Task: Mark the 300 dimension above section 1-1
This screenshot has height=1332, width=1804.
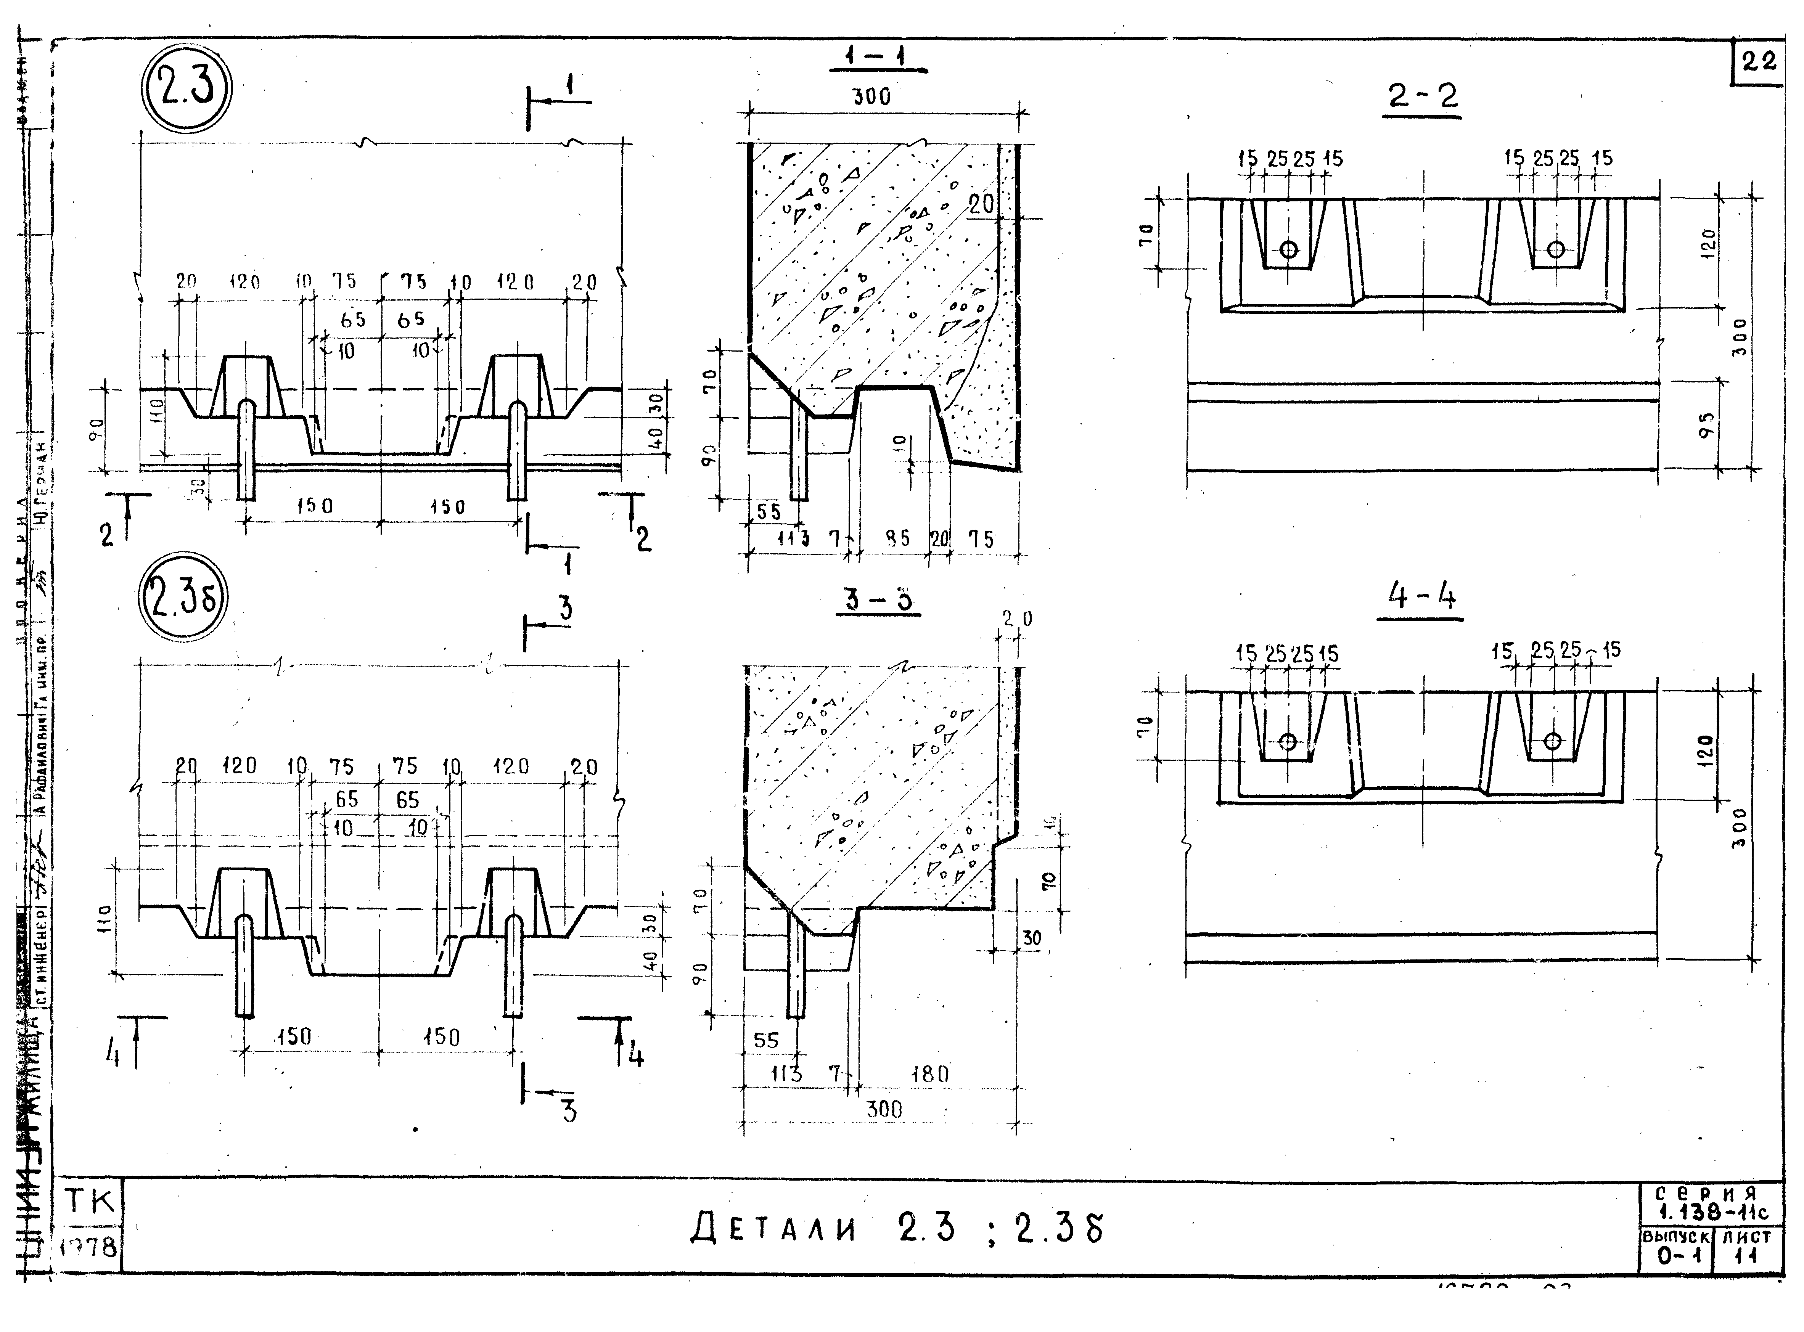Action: tap(872, 97)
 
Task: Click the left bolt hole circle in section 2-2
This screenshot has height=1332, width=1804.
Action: tap(1289, 249)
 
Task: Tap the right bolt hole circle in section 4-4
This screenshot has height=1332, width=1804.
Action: tap(1552, 741)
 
